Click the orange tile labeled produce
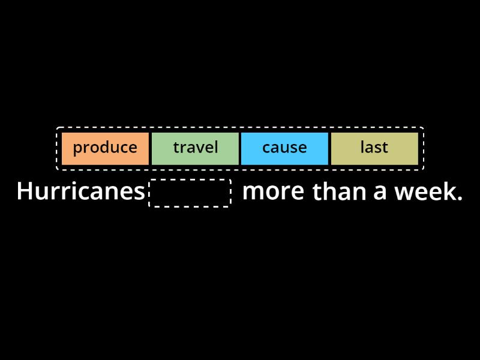(105, 148)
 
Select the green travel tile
(195, 148)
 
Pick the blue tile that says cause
(284, 148)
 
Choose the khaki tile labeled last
(374, 148)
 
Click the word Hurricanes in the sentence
(81, 192)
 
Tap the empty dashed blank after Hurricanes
(190, 193)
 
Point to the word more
(273, 192)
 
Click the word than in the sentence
(340, 192)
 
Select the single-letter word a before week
(380, 193)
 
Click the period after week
(460, 199)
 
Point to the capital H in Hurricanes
(24, 192)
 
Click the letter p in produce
(77, 149)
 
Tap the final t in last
(386, 148)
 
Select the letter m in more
(253, 193)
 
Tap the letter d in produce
(106, 147)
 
